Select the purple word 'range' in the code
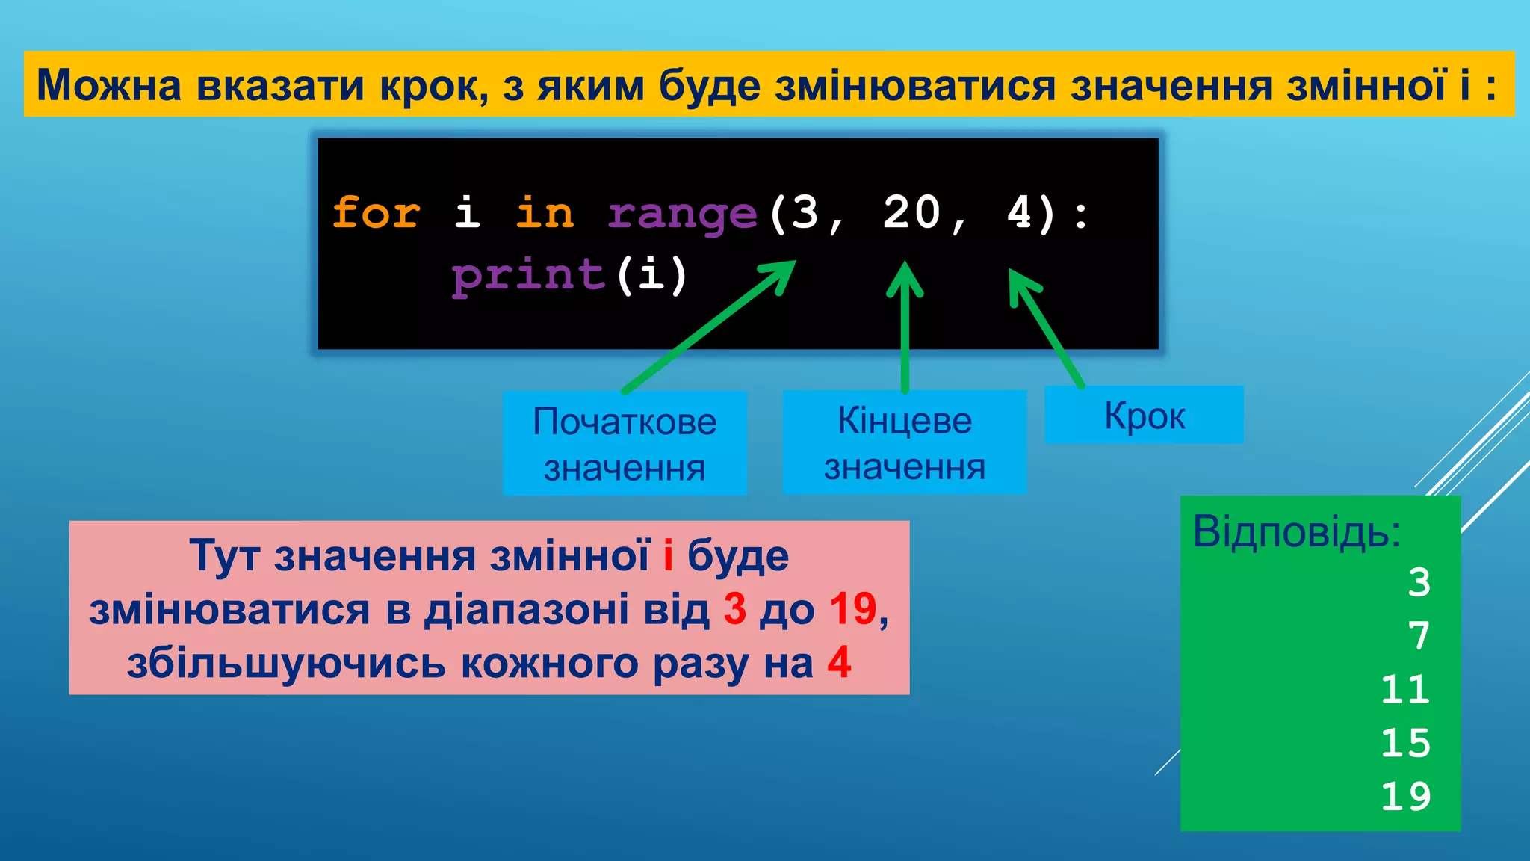[x=683, y=215]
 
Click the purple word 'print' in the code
[x=528, y=275]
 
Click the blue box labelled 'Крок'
[x=1144, y=416]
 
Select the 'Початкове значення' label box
[x=625, y=443]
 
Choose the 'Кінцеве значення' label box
[x=905, y=442]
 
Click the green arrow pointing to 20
[x=905, y=329]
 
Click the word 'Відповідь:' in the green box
[x=1296, y=532]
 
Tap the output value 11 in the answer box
[x=1404, y=689]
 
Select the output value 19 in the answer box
[x=1404, y=797]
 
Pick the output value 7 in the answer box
[x=1419, y=636]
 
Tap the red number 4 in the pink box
[x=839, y=662]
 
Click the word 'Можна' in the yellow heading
[x=109, y=84]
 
